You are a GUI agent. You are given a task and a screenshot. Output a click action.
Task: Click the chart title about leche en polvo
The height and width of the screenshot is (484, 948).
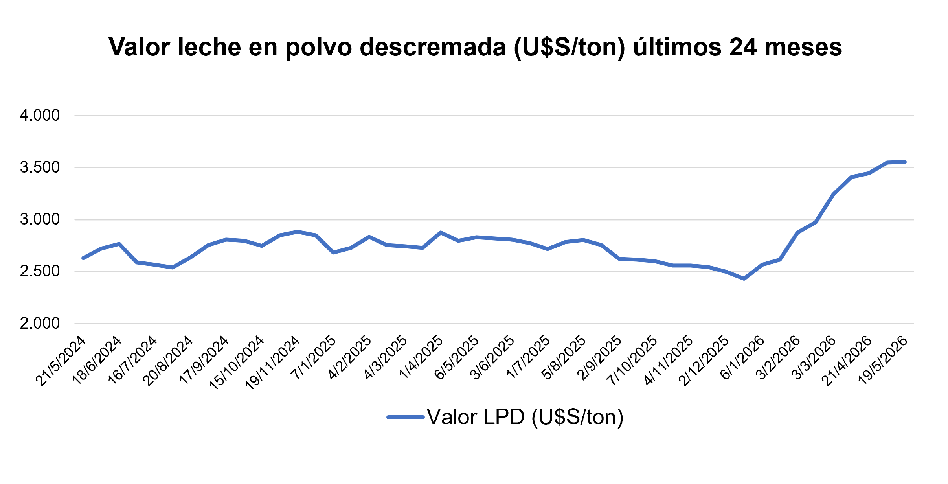(475, 47)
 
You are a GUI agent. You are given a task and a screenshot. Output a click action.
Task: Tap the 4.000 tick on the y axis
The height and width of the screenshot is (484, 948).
(40, 115)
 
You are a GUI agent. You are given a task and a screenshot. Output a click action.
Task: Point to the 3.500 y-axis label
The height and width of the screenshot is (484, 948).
(40, 167)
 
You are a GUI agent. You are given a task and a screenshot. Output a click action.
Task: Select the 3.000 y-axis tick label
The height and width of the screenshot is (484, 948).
(40, 219)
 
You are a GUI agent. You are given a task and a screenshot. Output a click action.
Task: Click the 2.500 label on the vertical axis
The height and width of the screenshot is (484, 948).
(40, 271)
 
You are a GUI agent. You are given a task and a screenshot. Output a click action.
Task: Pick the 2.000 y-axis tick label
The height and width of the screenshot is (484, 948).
(40, 323)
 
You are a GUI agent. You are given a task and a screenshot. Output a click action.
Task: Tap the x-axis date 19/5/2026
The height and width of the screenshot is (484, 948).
(882, 361)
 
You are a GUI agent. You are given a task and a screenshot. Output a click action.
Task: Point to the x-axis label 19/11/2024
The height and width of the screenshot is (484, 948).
(272, 363)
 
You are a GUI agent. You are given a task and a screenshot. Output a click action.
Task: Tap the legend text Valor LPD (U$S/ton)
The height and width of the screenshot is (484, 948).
(525, 417)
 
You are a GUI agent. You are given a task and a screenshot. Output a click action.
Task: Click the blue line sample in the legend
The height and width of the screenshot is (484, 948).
(406, 417)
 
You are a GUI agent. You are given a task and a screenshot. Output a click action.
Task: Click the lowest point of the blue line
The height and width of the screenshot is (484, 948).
(744, 279)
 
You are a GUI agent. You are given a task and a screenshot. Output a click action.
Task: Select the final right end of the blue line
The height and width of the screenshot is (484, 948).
(905, 162)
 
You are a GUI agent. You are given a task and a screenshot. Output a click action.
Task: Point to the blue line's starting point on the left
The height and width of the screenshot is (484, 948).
(83, 258)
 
